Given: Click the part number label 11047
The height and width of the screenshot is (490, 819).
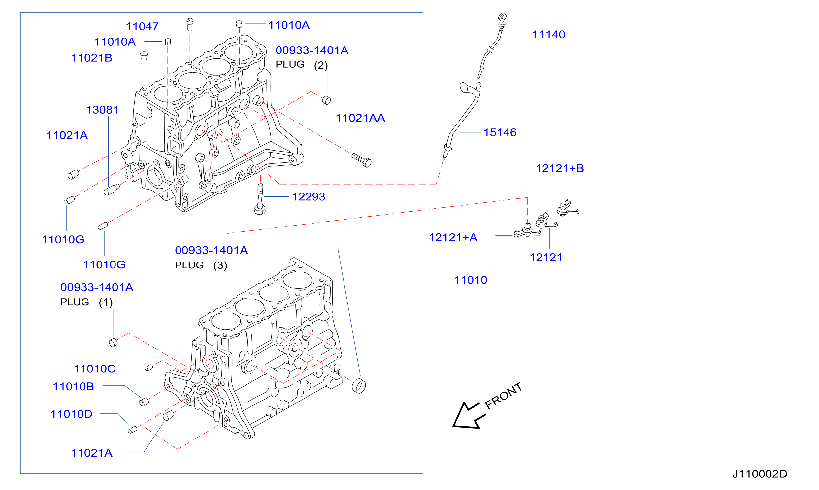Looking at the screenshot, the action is pos(142,26).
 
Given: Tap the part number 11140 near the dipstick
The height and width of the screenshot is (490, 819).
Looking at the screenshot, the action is pos(548,34).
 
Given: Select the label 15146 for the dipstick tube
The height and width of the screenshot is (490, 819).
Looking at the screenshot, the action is pos(500,132).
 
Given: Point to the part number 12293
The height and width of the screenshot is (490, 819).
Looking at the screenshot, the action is pos(309,197).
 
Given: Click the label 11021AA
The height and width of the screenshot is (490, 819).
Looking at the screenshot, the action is pos(360,118).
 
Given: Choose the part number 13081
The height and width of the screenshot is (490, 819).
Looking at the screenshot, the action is pos(102,110).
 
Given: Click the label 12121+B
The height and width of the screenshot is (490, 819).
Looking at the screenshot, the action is pos(560,168).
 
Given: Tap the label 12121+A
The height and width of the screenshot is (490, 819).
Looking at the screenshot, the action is pos(453,237).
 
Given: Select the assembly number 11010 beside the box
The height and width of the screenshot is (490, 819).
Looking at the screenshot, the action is pos(471,280).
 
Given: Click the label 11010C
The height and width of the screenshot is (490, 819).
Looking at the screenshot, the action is pos(95,369).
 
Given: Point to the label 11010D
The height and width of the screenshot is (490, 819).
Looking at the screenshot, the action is pos(72,414).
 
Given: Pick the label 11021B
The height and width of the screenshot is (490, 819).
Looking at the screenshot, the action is pos(92,58).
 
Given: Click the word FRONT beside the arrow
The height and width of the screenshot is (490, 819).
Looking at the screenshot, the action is pos(504,396).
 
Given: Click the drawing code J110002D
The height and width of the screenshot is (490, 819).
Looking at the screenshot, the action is pos(760,474).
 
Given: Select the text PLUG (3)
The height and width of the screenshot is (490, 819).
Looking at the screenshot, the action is pos(201,265).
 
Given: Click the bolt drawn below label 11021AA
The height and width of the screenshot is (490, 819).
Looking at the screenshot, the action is pos(362,160).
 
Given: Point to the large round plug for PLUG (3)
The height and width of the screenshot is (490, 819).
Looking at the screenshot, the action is pos(359,386).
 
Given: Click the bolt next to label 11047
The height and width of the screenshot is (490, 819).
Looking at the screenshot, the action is pos(190,25).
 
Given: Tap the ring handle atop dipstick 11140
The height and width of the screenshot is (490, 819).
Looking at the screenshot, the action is pos(502,17).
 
